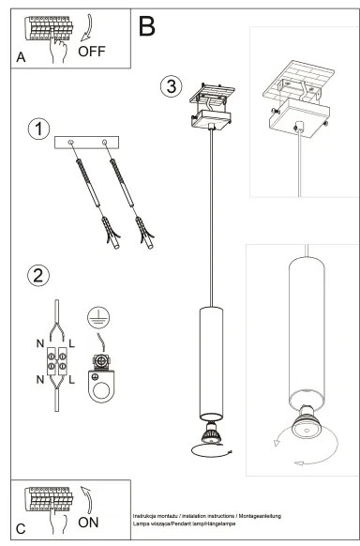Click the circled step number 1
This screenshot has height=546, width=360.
[38, 130]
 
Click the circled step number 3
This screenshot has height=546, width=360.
[170, 86]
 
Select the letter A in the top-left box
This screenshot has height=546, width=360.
[22, 58]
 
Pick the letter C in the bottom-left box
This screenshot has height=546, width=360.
[22, 526]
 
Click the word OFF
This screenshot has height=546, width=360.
[92, 52]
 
